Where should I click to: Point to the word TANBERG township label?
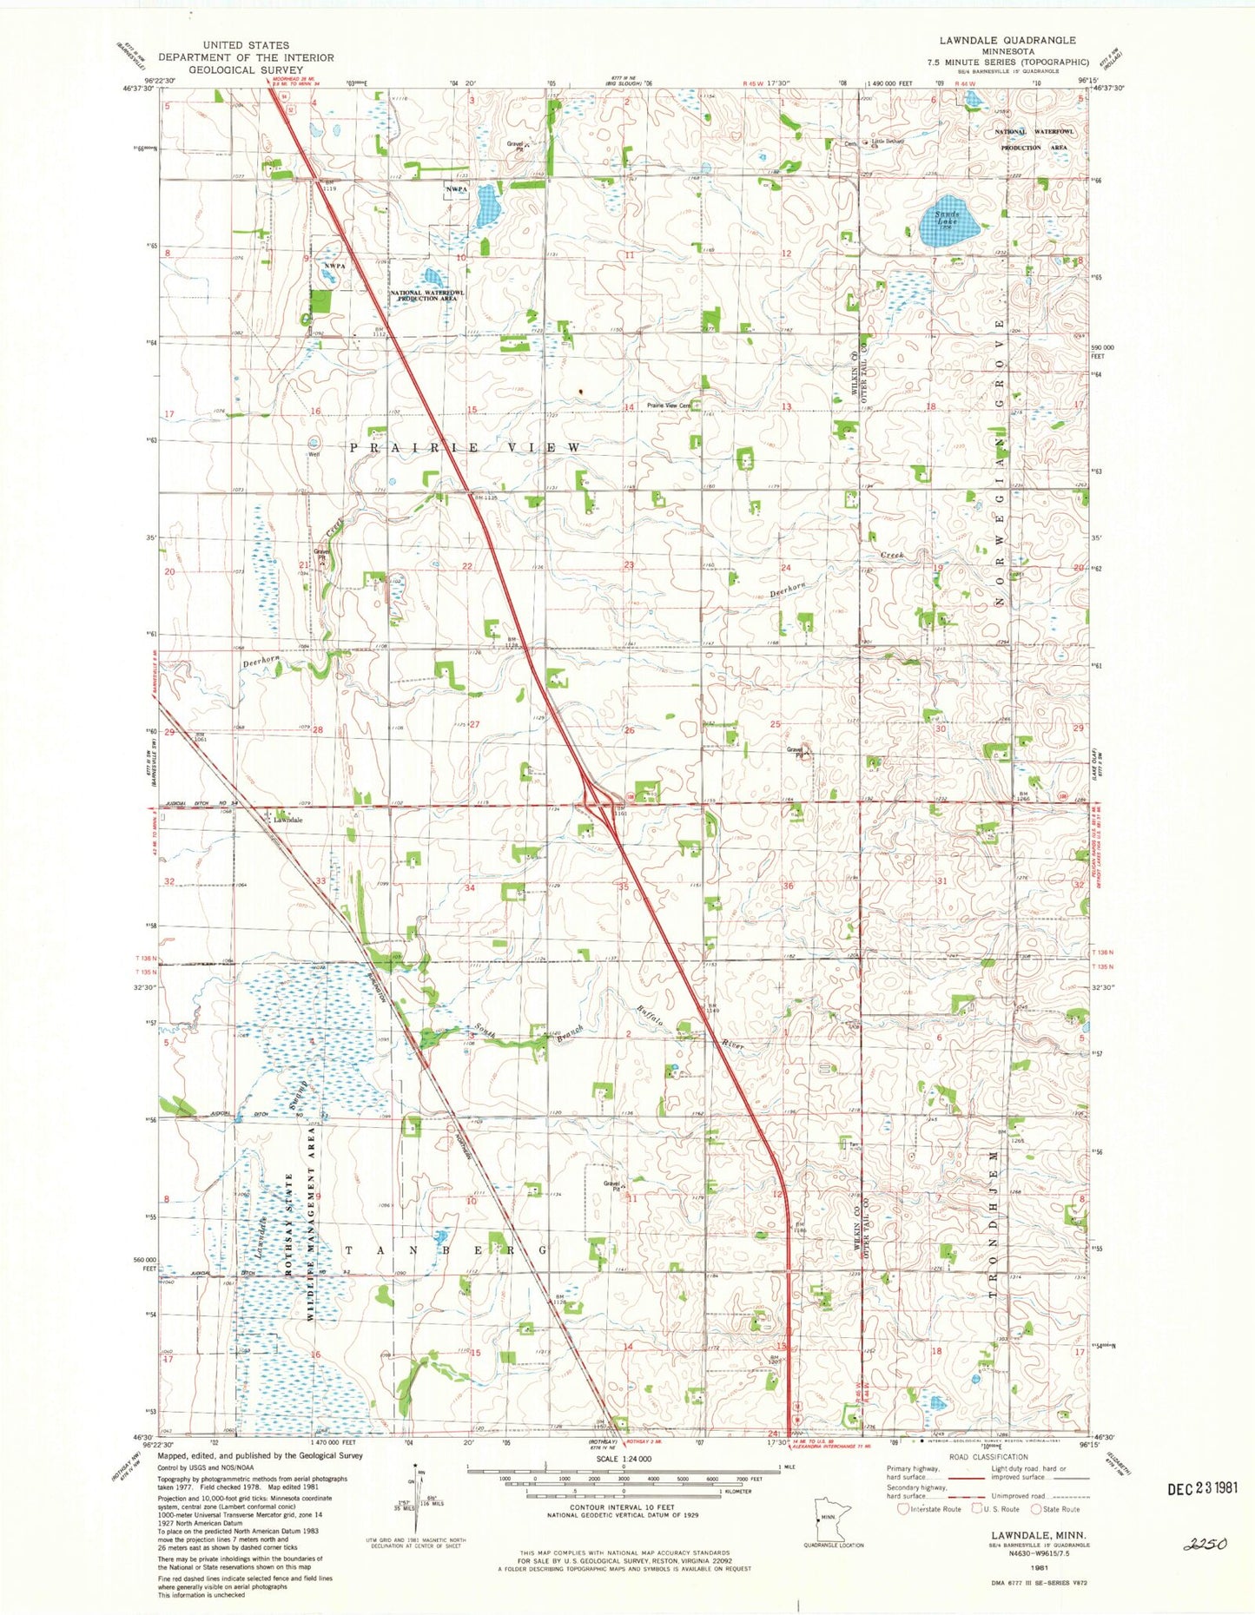pyautogui.click(x=446, y=1250)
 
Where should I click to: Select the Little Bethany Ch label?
pyautogui.click(x=888, y=142)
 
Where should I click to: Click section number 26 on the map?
pyautogui.click(x=630, y=731)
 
